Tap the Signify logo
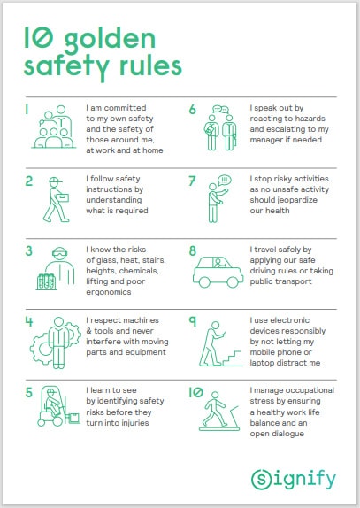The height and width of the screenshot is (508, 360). coord(294,479)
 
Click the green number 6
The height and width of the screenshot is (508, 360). coord(193,110)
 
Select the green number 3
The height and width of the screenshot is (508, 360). coord(29,251)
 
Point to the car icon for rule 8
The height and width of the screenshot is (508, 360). coord(218,272)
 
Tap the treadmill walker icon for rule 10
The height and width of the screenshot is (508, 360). coord(219,412)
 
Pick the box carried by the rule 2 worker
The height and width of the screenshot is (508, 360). coord(63,197)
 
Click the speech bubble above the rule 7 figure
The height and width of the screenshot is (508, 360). coord(225,180)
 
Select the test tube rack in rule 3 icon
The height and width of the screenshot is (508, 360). coord(46,281)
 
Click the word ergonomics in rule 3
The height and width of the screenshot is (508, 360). coord(109,292)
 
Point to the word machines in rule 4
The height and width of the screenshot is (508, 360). coord(141,320)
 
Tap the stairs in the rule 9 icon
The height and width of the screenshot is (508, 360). coord(233,358)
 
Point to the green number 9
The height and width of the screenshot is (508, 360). coord(193,320)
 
